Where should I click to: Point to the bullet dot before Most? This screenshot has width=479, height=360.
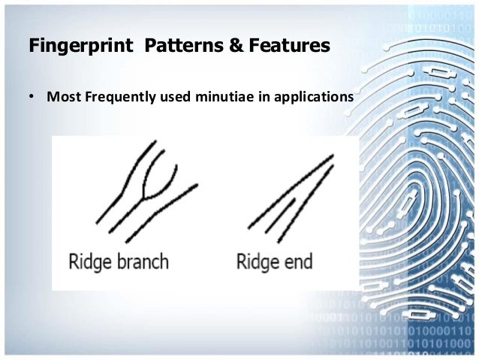click(33, 98)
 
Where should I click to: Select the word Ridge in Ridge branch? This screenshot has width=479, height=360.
click(89, 262)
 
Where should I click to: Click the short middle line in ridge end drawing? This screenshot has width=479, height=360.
click(282, 213)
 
